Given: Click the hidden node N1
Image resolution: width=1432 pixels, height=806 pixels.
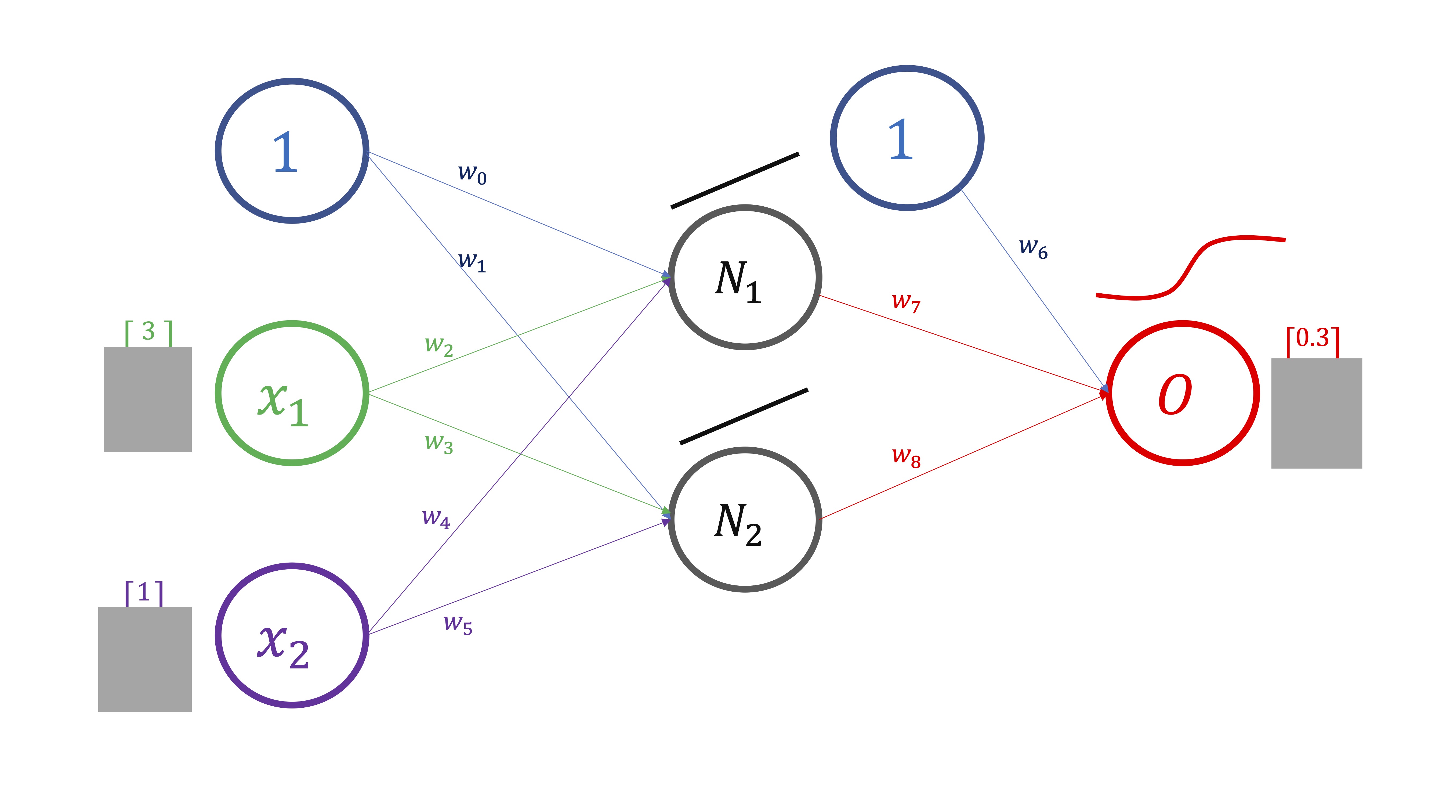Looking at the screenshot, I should coord(745,277).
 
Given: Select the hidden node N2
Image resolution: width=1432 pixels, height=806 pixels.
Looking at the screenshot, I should coord(745,520).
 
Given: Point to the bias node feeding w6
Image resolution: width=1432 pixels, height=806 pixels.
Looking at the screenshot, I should coord(907,138).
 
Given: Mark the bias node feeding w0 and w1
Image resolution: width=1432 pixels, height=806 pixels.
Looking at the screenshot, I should coord(292,151).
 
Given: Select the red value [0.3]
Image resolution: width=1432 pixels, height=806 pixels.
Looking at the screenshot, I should coord(1313,339).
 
